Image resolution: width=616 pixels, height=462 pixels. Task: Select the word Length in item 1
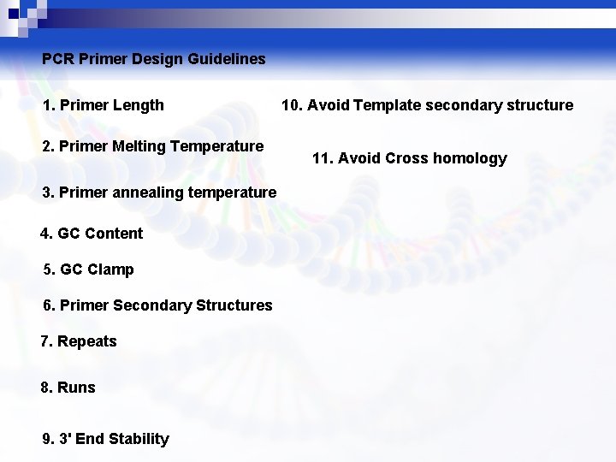coord(137,105)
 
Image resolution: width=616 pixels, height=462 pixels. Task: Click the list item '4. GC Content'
coord(92,234)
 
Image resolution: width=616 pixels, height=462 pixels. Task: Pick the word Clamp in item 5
coord(110,269)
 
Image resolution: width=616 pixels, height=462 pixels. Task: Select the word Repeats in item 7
coord(86,341)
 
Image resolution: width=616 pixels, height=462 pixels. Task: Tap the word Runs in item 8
coord(76,388)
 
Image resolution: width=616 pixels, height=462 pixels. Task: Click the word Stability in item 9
coord(139,439)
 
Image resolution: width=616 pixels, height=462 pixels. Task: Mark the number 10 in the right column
coord(290,105)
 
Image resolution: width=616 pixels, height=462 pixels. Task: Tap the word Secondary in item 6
coord(152,305)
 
